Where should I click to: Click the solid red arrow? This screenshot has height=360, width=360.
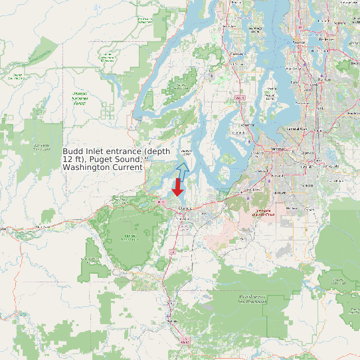[178, 186]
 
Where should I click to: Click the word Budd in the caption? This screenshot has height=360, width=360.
[74, 151]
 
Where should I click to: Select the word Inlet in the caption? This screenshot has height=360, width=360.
[96, 151]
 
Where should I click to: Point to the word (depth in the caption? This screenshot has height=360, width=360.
[158, 151]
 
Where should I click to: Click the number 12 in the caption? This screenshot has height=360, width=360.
[68, 159]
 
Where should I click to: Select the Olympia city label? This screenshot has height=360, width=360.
[185, 207]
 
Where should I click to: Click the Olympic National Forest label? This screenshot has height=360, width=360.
[79, 99]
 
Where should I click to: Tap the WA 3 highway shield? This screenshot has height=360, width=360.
[240, 98]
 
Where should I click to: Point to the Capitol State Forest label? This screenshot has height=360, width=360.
[130, 237]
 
